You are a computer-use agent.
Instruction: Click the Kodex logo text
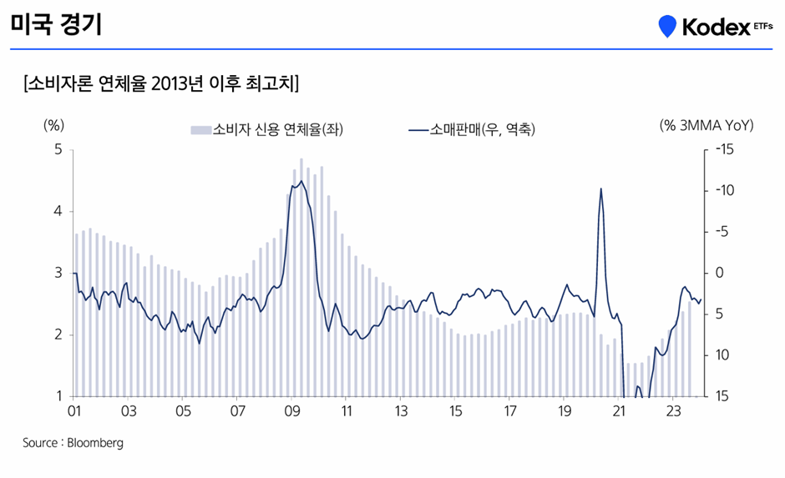tap(717, 27)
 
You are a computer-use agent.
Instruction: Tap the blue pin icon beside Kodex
tap(666, 27)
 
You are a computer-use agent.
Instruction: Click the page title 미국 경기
tap(56, 24)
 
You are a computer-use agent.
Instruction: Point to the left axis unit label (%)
tap(53, 125)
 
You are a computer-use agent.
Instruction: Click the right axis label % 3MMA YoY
tap(706, 125)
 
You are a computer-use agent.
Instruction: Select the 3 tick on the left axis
tap(58, 273)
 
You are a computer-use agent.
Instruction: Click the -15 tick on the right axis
tap(723, 150)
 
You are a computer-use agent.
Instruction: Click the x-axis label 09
tap(291, 411)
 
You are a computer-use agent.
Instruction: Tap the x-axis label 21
tap(619, 411)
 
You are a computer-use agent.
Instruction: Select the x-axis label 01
tap(73, 411)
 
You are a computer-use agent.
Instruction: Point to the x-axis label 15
tap(455, 411)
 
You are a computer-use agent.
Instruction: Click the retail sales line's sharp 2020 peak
tap(600, 189)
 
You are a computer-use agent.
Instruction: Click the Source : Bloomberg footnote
tap(73, 443)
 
